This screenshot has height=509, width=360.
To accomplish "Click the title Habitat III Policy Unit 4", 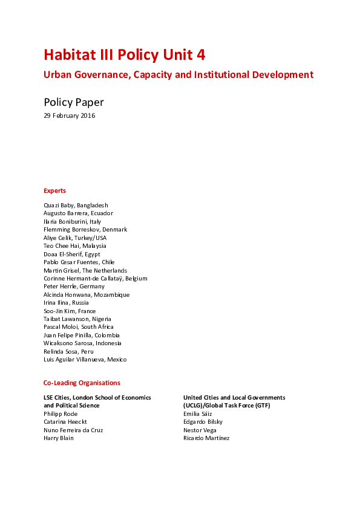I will coord(124,55).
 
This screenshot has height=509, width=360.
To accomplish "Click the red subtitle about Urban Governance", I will coord(178,75).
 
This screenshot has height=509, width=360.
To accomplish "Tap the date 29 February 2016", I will coord(69,116).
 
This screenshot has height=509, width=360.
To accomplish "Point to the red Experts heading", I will coord(54,190).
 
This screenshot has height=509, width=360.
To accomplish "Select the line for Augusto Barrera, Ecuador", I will coord(78,213).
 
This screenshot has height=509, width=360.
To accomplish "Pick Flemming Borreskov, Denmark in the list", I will coord(85,230).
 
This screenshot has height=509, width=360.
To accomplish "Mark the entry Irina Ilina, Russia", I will coord(66,303).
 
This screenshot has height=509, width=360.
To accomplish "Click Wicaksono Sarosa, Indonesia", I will coord(82,343).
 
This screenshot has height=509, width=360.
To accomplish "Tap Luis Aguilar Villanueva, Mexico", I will coord(85,359).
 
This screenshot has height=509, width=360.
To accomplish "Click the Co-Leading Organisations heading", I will coord(82,383).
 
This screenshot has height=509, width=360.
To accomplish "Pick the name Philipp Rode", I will coord(61,413).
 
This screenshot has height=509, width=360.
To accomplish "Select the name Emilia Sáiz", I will coord(198,413).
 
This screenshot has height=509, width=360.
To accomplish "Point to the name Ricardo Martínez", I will coord(206,438).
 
